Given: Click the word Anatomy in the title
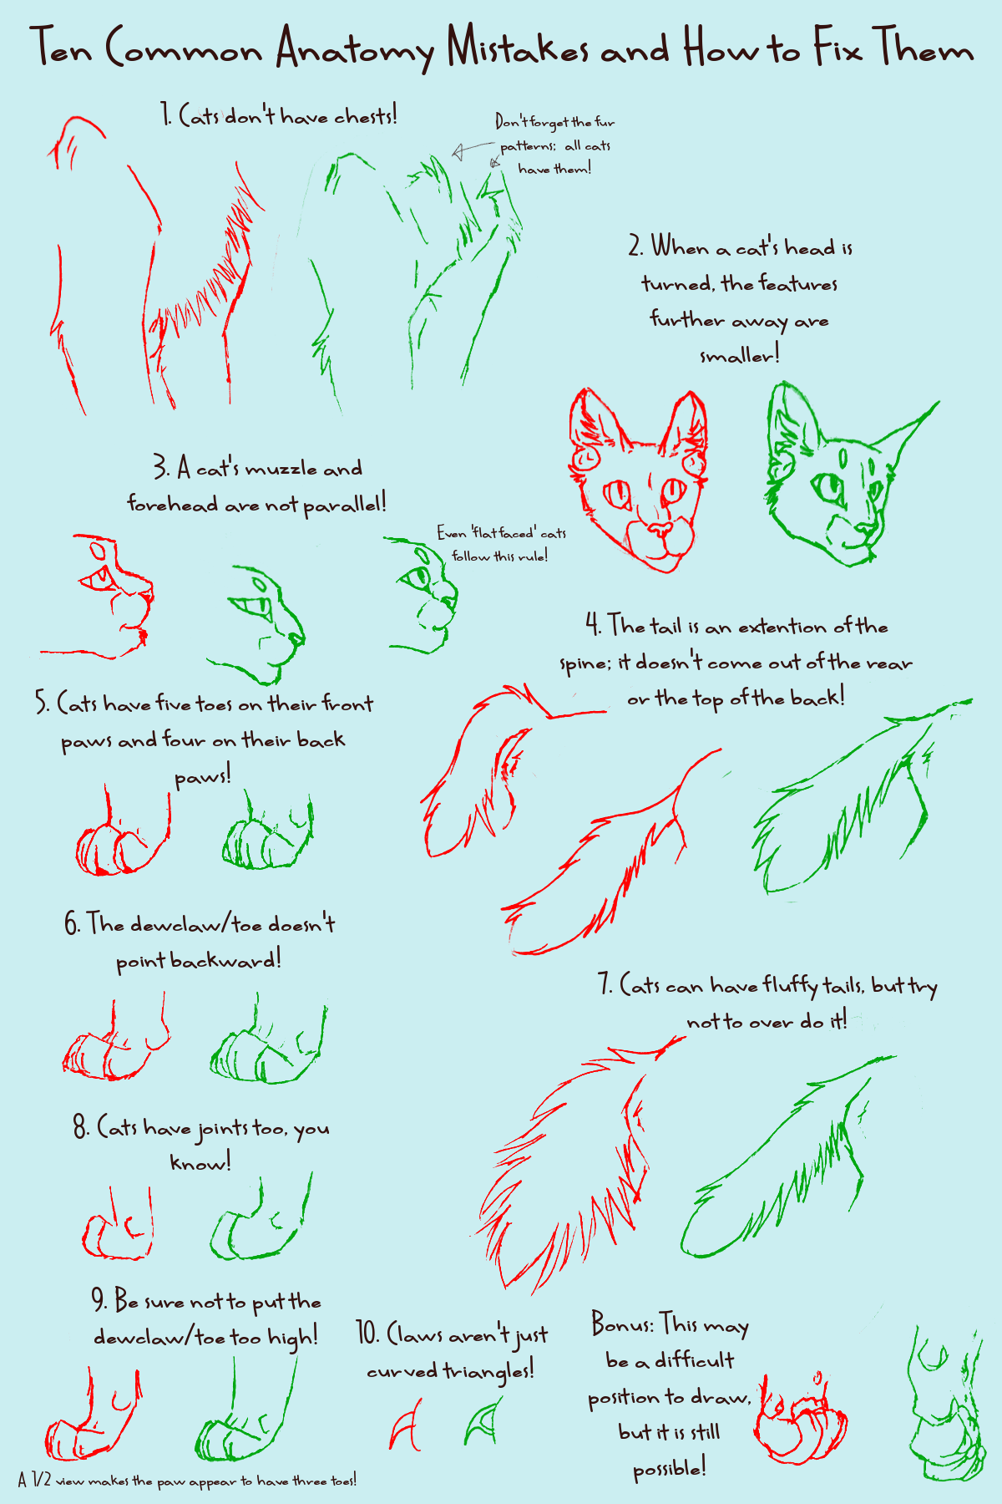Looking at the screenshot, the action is [x=355, y=48].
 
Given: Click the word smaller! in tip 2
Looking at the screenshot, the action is [x=739, y=356].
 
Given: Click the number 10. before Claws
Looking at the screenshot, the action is [x=368, y=1334].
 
